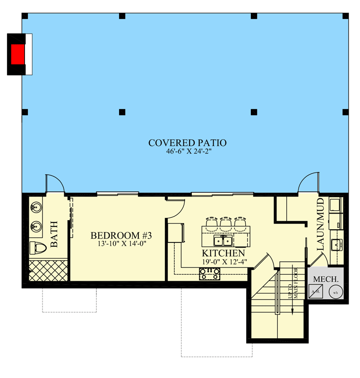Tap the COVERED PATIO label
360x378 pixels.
pyautogui.click(x=187, y=142)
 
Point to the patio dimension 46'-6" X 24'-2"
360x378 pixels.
pyautogui.click(x=187, y=151)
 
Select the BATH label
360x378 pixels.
pyautogui.click(x=54, y=234)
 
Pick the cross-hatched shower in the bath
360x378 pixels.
pyautogui.click(x=46, y=270)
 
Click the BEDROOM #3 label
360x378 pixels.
pyautogui.click(x=121, y=235)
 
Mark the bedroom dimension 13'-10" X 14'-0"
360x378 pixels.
pyautogui.click(x=121, y=244)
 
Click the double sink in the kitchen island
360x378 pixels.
pyautogui.click(x=222, y=241)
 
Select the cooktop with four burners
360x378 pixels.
pyautogui.click(x=210, y=273)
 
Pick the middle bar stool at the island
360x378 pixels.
pyautogui.click(x=226, y=222)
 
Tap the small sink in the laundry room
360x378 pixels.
pyautogui.click(x=337, y=245)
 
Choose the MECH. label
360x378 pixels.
pyautogui.click(x=325, y=279)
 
